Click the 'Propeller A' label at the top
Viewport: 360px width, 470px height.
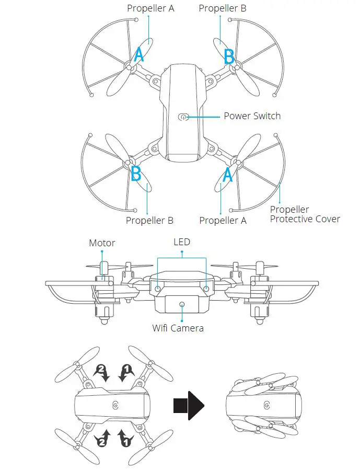point(150,8)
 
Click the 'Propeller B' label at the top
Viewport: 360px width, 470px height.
point(223,8)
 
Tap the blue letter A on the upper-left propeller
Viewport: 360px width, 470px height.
point(138,54)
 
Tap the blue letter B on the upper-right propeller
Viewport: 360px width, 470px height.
point(229,56)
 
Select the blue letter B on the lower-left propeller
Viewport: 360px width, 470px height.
point(136,173)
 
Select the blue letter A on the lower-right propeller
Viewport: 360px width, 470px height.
point(227,175)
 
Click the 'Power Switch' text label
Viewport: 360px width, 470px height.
point(252,116)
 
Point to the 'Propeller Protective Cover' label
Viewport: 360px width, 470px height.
point(305,214)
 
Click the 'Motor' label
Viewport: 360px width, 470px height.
point(102,243)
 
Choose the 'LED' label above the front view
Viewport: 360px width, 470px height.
point(182,242)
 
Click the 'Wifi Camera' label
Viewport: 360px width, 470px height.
point(178,328)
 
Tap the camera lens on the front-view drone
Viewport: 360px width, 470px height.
point(182,304)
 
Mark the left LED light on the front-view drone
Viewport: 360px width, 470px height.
point(158,288)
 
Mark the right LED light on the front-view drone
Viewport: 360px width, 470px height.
point(206,288)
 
